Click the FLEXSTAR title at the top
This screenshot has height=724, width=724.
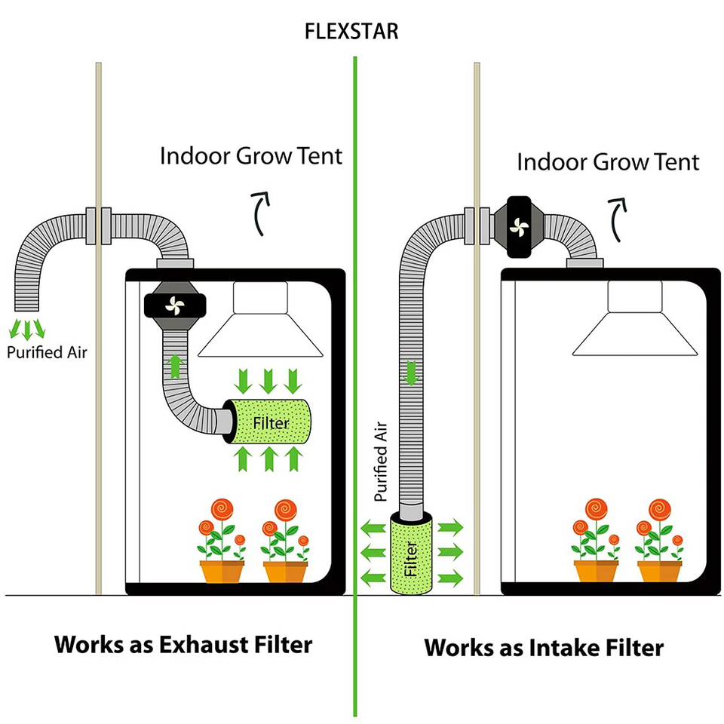[351, 32]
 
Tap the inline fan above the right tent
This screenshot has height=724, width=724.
[520, 226]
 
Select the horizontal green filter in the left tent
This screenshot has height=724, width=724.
[270, 424]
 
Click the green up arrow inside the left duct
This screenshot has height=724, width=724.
[175, 367]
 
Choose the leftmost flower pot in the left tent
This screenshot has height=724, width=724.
[222, 570]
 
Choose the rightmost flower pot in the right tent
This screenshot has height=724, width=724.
[659, 570]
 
